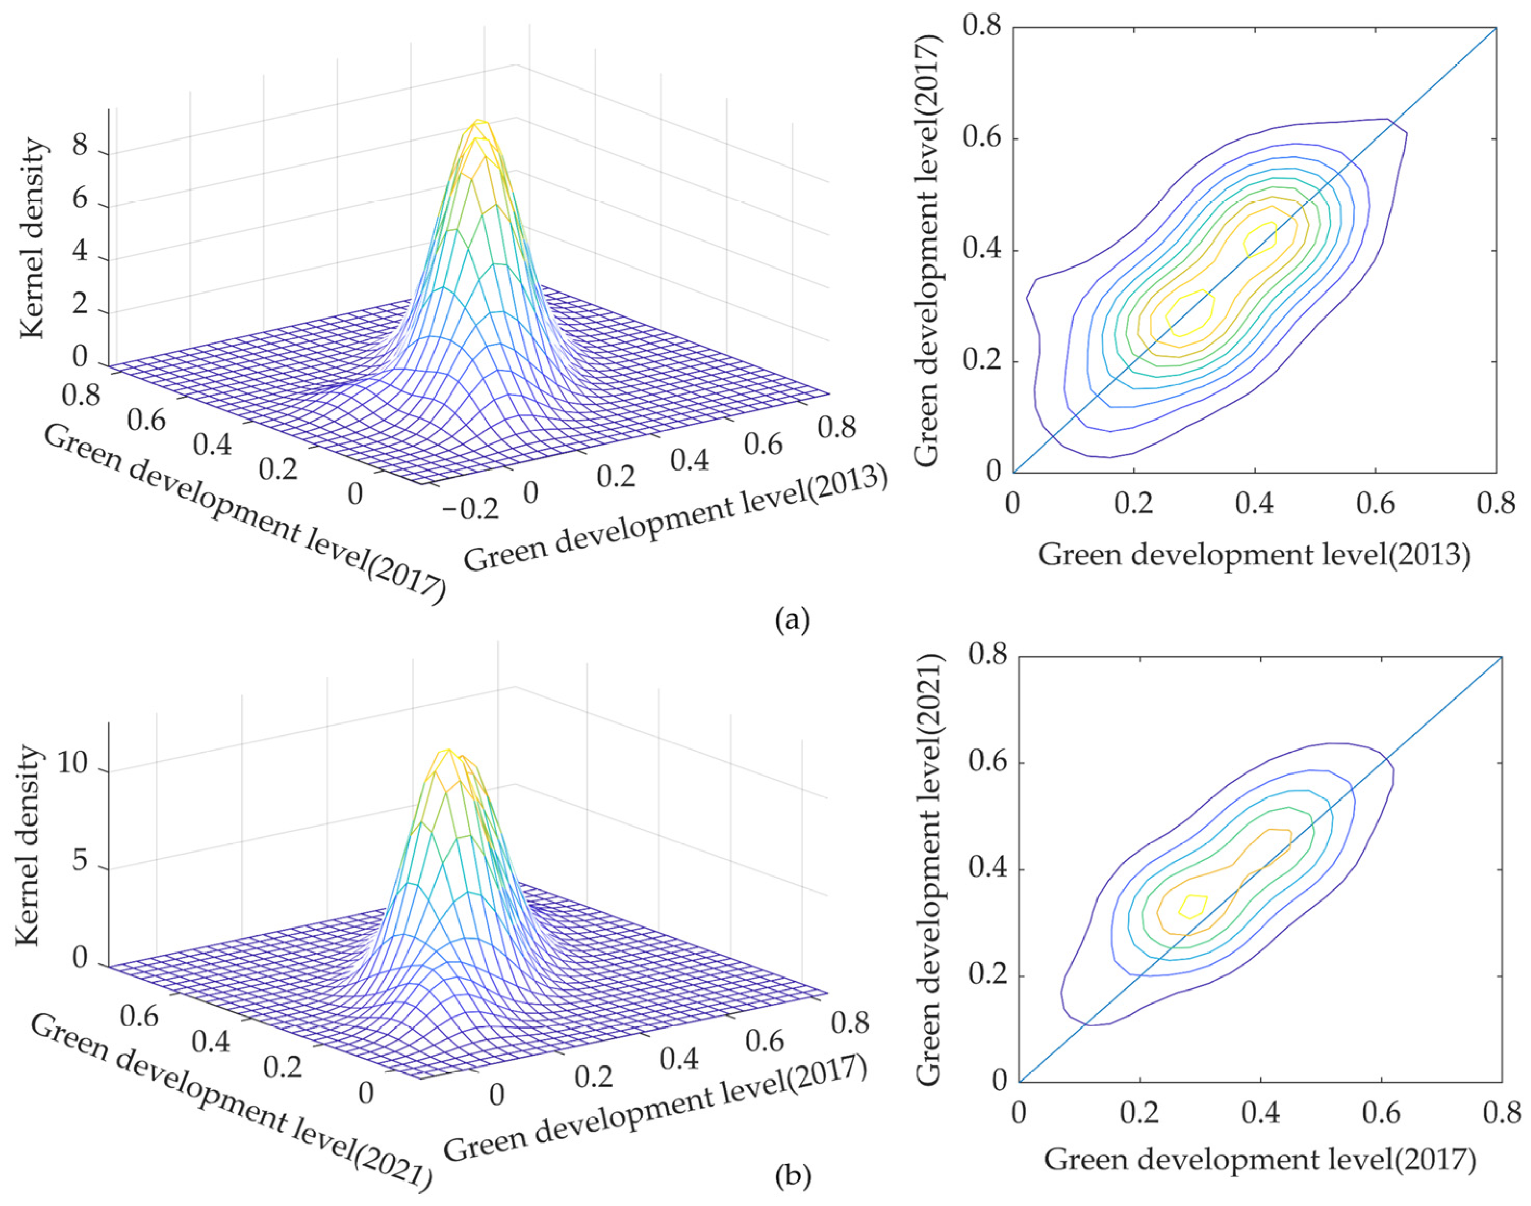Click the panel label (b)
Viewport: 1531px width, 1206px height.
[793, 1176]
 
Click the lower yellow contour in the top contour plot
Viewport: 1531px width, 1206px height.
[1190, 313]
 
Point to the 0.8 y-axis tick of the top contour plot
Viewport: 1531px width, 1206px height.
[983, 28]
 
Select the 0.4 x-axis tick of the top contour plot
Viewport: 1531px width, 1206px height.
[1255, 504]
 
